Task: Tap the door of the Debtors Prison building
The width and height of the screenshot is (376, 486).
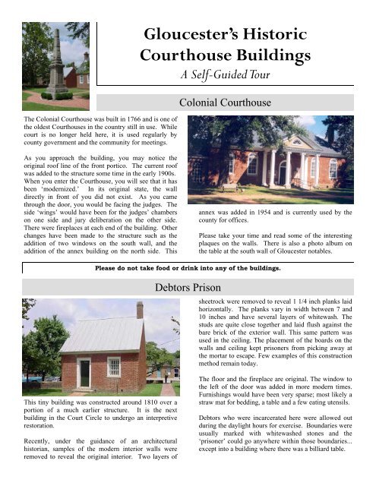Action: [x=84, y=373]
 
